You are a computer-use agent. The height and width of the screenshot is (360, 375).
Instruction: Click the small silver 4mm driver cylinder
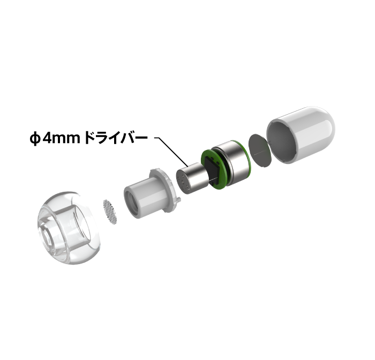(191, 177)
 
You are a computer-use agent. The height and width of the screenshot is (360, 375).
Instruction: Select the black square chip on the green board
(212, 170)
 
